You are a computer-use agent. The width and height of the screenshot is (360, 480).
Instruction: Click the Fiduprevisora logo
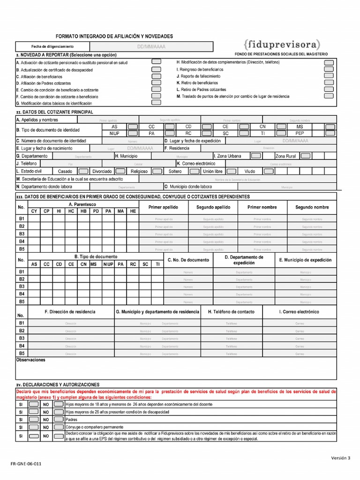point(282,45)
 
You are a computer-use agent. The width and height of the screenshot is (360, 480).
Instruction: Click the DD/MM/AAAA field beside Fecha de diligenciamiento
point(151,47)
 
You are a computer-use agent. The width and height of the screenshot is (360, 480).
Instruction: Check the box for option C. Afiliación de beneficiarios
point(156,75)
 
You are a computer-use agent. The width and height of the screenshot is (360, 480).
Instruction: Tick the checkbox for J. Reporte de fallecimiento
point(329,75)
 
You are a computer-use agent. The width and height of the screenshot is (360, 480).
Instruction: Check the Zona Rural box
point(305,156)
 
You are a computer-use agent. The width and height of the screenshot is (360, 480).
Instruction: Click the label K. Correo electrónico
point(196,164)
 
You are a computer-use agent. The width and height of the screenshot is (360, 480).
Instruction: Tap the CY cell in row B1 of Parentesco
point(34,219)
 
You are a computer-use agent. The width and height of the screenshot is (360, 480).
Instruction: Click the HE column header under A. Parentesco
point(133,211)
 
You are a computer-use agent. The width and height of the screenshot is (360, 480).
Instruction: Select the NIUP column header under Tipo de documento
point(108,264)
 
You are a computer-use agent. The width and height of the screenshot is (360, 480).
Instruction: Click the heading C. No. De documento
point(188,260)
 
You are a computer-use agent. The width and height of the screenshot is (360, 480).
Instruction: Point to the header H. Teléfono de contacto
point(231,312)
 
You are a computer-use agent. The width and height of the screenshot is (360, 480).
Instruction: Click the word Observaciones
point(31,360)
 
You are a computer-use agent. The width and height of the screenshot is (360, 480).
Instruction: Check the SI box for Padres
point(34,420)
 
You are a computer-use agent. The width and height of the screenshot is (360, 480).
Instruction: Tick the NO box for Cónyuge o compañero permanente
point(59,427)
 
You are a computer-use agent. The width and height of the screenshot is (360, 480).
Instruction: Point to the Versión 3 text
point(341,458)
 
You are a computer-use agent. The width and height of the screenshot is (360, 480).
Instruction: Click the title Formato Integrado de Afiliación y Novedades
point(114,36)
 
